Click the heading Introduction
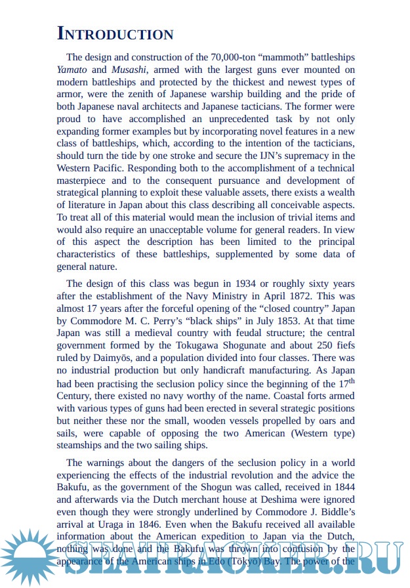(115, 34)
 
